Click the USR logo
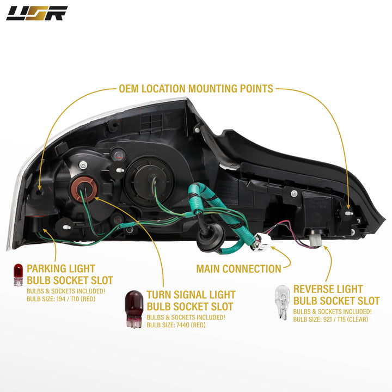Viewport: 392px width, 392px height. pyautogui.click(x=37, y=13)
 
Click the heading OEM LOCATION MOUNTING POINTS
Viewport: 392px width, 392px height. pyautogui.click(x=196, y=88)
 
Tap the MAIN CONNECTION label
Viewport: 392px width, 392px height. pyautogui.click(x=239, y=268)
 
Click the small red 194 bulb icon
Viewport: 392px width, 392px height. pyautogui.click(x=19, y=274)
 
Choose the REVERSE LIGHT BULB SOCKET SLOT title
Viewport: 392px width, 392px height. pyautogui.click(x=336, y=295)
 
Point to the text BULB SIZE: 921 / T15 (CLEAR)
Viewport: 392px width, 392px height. pyautogui.click(x=330, y=319)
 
